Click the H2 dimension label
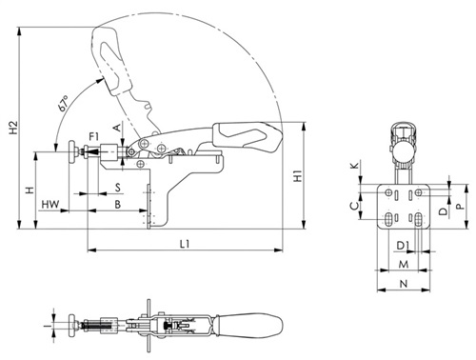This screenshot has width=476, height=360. (x=13, y=127)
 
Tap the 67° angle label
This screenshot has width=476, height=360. (x=63, y=103)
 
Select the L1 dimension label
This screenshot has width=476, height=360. (x=185, y=244)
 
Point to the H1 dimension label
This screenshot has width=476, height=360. (x=298, y=176)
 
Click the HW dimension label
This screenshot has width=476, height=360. (x=50, y=205)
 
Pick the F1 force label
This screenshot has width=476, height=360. (x=93, y=137)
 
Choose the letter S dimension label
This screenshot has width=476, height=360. (x=118, y=188)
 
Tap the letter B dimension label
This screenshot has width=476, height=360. (x=118, y=205)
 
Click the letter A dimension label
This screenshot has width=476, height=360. (x=117, y=128)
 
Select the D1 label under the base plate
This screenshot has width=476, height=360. (x=404, y=246)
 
